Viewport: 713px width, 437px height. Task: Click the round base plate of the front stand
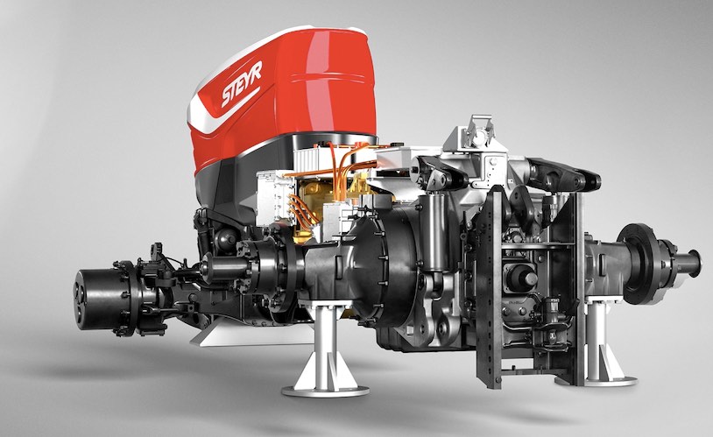(x=325, y=391)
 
